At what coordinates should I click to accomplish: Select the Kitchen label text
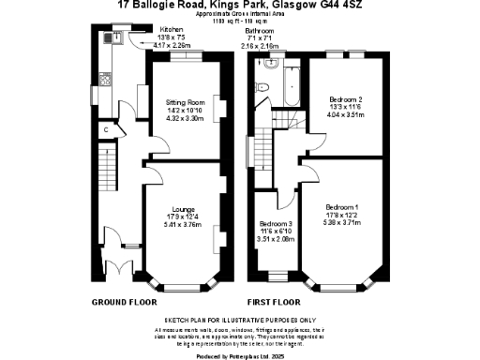(145, 29)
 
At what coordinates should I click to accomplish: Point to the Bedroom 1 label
(341, 206)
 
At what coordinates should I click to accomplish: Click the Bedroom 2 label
(346, 98)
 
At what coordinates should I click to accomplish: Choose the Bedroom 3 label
(276, 224)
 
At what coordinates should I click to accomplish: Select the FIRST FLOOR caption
(274, 303)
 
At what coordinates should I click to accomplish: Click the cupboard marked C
(106, 129)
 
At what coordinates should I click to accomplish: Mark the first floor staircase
(284, 123)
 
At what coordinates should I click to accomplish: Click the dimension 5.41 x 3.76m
(183, 225)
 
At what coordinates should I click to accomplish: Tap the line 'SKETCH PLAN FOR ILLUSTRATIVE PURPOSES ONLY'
(239, 320)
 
